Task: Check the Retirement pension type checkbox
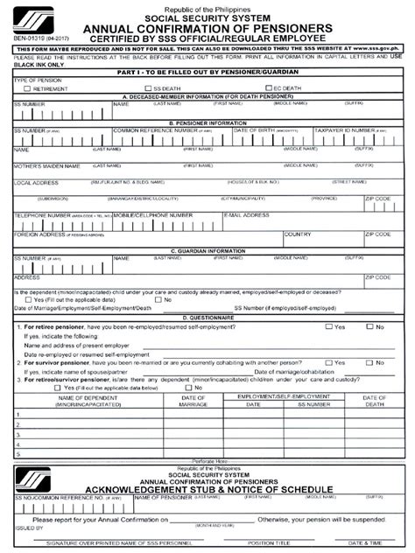(x=27, y=88)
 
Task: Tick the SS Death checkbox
(x=149, y=88)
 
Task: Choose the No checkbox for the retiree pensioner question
(x=369, y=326)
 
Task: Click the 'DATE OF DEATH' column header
(x=375, y=400)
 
